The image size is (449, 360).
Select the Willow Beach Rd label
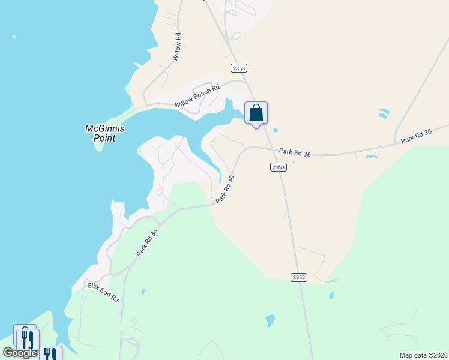(x=197, y=96)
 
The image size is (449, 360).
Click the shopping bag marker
(x=256, y=113)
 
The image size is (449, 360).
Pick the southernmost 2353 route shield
(x=298, y=277)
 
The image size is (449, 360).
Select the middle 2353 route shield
(x=278, y=167)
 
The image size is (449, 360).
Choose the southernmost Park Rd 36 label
(x=147, y=243)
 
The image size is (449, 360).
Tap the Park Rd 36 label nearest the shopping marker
(x=295, y=154)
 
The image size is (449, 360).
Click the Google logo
(x=20, y=353)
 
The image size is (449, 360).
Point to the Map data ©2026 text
(x=423, y=355)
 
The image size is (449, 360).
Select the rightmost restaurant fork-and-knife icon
(x=52, y=354)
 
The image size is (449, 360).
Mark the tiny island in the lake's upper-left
(x=14, y=37)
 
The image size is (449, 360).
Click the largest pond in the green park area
(x=270, y=319)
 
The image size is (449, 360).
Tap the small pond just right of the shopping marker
(x=275, y=130)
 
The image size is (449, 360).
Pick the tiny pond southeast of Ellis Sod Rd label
(x=143, y=292)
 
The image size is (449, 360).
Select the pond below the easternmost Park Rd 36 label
(x=372, y=157)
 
